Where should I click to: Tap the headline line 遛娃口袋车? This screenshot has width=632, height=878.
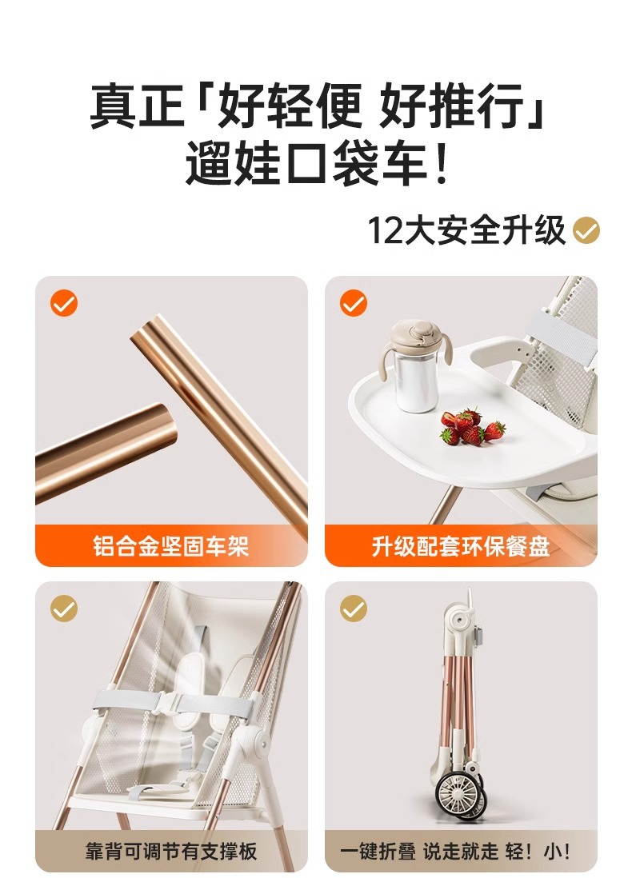(x=317, y=163)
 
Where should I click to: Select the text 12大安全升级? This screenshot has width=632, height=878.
(x=467, y=230)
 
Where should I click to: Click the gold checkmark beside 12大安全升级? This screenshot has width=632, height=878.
(x=586, y=231)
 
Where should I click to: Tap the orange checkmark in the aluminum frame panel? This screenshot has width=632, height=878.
(x=64, y=303)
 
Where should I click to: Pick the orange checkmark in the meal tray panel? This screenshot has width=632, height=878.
(x=354, y=303)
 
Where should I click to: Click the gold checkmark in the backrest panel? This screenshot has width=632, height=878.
(x=64, y=609)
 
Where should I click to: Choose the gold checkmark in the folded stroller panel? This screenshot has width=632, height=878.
(x=354, y=609)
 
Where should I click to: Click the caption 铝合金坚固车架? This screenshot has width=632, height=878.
(x=171, y=546)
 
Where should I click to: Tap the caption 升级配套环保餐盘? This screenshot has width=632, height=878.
(x=461, y=546)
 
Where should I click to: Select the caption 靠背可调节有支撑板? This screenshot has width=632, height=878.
(x=171, y=852)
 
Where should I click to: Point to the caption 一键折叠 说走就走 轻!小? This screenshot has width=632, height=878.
(x=455, y=852)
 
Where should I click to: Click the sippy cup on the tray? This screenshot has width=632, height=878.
(x=414, y=365)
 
